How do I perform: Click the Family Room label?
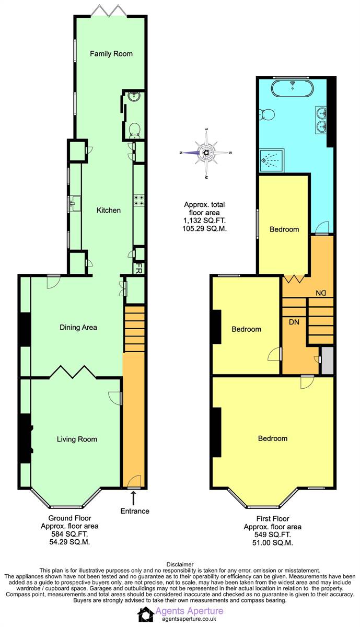coord(111,53)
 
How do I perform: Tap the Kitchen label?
coord(109,210)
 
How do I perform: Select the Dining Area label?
coord(78,327)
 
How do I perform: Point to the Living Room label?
coord(77,439)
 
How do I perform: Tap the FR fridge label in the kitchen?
coord(139,268)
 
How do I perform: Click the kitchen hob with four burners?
coord(139,200)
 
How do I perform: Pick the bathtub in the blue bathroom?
coord(292,86)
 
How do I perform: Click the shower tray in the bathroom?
coord(272,161)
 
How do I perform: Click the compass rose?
coord(206,153)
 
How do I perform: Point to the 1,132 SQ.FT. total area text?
coord(204,220)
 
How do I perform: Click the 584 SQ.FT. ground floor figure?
coord(69,534)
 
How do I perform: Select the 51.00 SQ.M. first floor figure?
coord(273,543)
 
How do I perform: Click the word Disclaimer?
coord(180,565)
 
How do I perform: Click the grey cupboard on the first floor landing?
coord(328,361)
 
